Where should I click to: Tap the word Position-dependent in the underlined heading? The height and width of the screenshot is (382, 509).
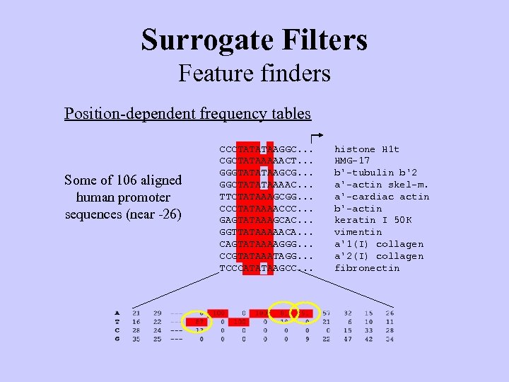tap(121, 113)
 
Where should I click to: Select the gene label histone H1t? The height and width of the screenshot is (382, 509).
tap(366, 149)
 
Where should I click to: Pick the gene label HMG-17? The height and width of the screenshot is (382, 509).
tap(351, 161)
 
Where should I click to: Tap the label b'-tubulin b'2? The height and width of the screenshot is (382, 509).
tap(375, 173)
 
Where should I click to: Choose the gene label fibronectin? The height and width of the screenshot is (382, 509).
tap(366, 268)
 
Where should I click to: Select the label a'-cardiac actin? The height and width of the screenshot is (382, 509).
tap(381, 197)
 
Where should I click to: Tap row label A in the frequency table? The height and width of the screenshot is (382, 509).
tap(117, 313)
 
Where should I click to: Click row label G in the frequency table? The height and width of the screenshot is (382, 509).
tap(117, 340)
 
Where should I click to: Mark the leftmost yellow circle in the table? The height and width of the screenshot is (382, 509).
tap(200, 322)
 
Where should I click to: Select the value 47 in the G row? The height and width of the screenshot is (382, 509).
tap(348, 340)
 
